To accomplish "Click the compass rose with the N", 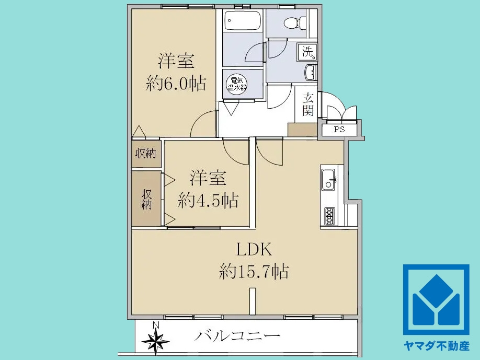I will (156, 340).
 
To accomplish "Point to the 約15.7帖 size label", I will (254, 272).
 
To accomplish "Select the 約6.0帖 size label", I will (176, 84).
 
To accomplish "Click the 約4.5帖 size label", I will (208, 200).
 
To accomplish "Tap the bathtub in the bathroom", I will (243, 22).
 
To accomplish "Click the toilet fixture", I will (290, 22).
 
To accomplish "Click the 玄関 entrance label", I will (308, 103).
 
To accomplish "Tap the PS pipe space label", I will (339, 130).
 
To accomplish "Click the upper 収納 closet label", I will (146, 154).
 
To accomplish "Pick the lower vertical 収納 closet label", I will (146, 198).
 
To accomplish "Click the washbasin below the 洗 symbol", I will (311, 73).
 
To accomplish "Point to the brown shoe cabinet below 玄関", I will (302, 130).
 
